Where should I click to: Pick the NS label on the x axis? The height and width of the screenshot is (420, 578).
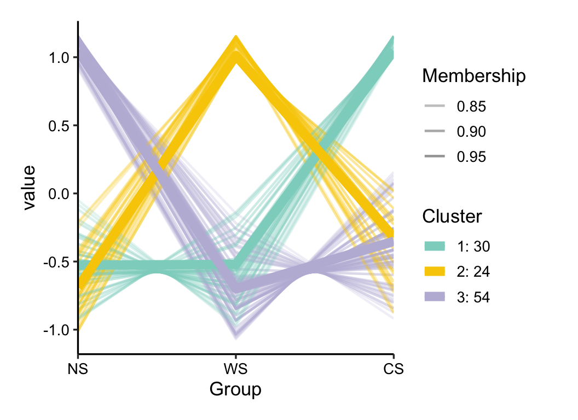click(78, 370)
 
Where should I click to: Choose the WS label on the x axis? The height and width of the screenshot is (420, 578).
click(235, 370)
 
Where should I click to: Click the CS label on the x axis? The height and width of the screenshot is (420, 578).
click(394, 370)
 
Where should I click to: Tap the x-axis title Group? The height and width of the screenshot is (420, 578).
click(235, 390)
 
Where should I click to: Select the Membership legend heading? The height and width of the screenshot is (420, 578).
click(474, 76)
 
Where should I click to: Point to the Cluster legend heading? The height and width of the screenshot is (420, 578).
click(452, 217)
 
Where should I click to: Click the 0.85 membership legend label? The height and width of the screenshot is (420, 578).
click(471, 107)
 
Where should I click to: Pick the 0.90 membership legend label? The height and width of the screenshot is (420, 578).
click(471, 132)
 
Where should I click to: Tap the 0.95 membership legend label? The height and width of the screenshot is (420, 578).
click(471, 157)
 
